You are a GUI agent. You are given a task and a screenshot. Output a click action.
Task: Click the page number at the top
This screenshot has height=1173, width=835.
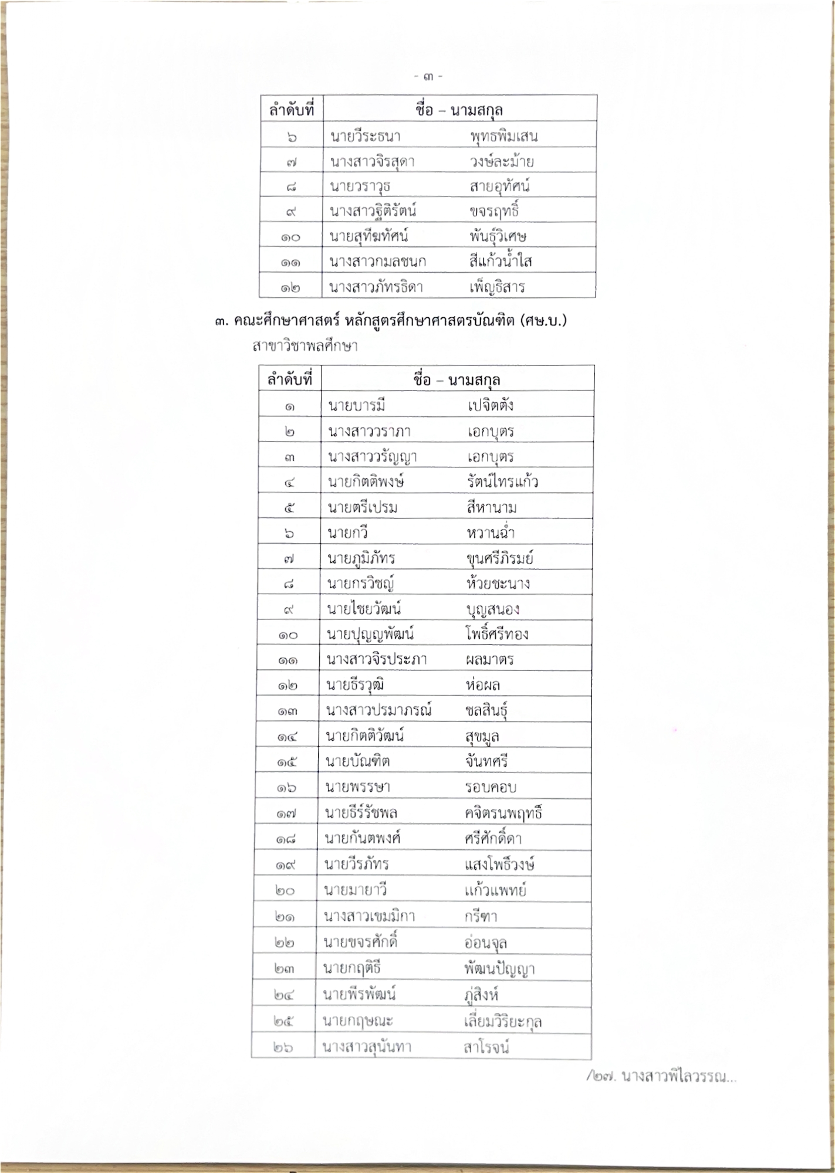point(428,76)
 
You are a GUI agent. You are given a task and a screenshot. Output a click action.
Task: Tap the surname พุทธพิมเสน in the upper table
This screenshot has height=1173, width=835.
point(503,137)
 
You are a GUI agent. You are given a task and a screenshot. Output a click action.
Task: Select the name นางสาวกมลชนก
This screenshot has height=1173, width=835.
point(377,262)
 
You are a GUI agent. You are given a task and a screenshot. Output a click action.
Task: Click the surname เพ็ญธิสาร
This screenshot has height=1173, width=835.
point(496,287)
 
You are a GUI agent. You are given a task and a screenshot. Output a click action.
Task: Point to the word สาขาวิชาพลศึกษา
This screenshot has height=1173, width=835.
point(305,346)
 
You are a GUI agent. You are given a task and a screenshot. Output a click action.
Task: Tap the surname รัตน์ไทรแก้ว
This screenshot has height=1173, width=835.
point(502,482)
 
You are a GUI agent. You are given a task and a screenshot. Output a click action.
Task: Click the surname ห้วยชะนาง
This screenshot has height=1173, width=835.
point(498,584)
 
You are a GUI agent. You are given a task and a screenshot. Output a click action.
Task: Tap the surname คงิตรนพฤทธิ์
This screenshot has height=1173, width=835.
point(503,813)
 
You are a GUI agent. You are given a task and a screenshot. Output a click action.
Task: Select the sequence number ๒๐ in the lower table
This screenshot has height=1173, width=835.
point(285,890)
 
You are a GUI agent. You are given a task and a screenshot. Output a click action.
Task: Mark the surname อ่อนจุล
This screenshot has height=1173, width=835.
point(485,943)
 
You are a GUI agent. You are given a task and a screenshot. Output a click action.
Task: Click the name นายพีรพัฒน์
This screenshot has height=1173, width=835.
point(359,994)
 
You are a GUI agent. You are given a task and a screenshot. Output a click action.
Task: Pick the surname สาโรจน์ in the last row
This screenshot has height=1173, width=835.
point(486,1047)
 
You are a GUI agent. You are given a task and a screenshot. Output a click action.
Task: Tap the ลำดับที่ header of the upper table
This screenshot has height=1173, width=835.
point(292,110)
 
